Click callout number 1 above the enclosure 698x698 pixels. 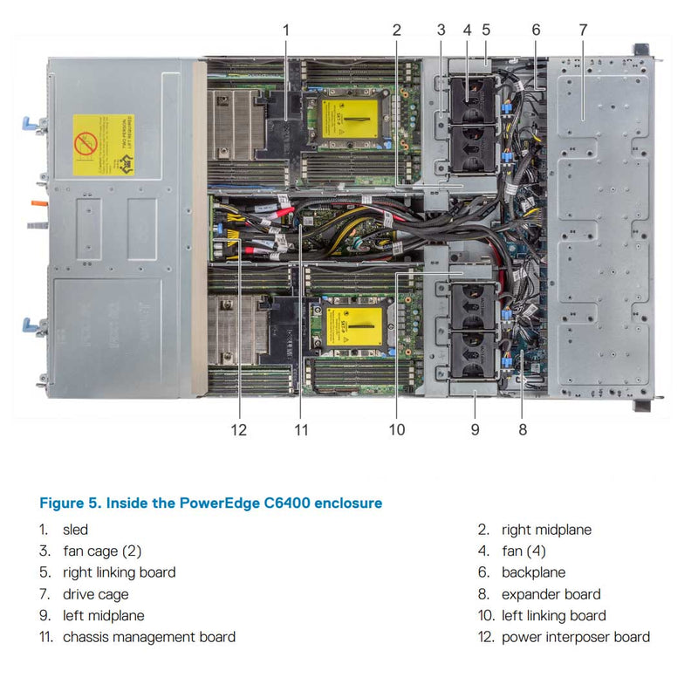point(285,30)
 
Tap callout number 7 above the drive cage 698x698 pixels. point(583,30)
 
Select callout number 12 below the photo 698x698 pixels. point(239,429)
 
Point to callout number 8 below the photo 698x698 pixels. point(522,429)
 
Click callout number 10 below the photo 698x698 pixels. point(397,429)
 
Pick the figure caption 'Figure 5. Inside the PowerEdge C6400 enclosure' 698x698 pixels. point(210,503)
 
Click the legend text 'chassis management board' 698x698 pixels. point(148,637)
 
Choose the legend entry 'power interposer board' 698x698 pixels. point(575,637)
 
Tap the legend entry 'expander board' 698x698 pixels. point(551,594)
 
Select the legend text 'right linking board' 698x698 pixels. point(119,572)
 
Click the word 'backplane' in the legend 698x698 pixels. point(533,572)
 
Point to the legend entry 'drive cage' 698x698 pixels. point(95,594)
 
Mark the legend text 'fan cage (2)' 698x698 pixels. point(102,551)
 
